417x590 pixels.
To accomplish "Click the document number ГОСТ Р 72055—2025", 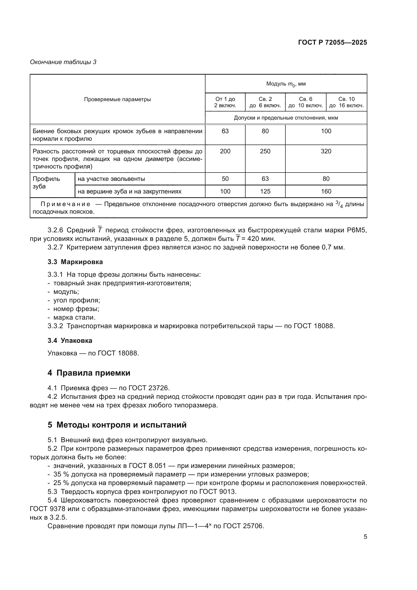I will coord(333,42).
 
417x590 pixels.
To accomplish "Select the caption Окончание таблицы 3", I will coord(63,62).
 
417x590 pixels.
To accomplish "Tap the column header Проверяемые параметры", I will coord(117,99).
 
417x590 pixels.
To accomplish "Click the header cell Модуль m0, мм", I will coord(286,84).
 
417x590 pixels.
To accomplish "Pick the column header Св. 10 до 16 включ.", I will coord(346,102).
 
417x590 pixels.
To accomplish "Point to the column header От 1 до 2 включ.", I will coord(225,102).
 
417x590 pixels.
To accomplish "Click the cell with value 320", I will coord(326,151).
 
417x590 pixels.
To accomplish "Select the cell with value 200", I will coord(225,151).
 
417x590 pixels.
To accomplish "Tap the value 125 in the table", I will coord(265,191).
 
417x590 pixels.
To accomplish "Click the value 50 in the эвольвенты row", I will coord(225,179).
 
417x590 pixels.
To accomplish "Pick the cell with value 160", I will coord(326,191).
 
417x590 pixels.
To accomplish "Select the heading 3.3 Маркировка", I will coord(75,262).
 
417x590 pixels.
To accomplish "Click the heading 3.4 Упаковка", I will coord(70,341).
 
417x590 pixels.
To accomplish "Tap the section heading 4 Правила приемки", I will coord(89,373).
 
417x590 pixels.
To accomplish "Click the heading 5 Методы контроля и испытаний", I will coord(117,425).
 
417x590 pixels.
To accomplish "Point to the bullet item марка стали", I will coord(74,317).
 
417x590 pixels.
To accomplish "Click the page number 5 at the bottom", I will coord(365,537).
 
